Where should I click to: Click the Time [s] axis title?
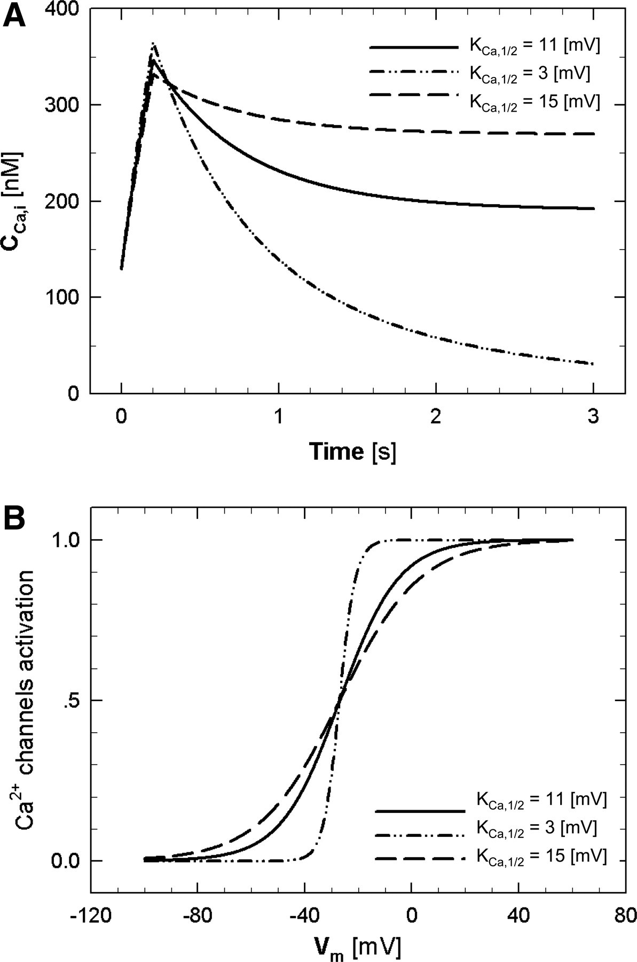click(352, 452)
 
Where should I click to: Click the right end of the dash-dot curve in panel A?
click(593, 364)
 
